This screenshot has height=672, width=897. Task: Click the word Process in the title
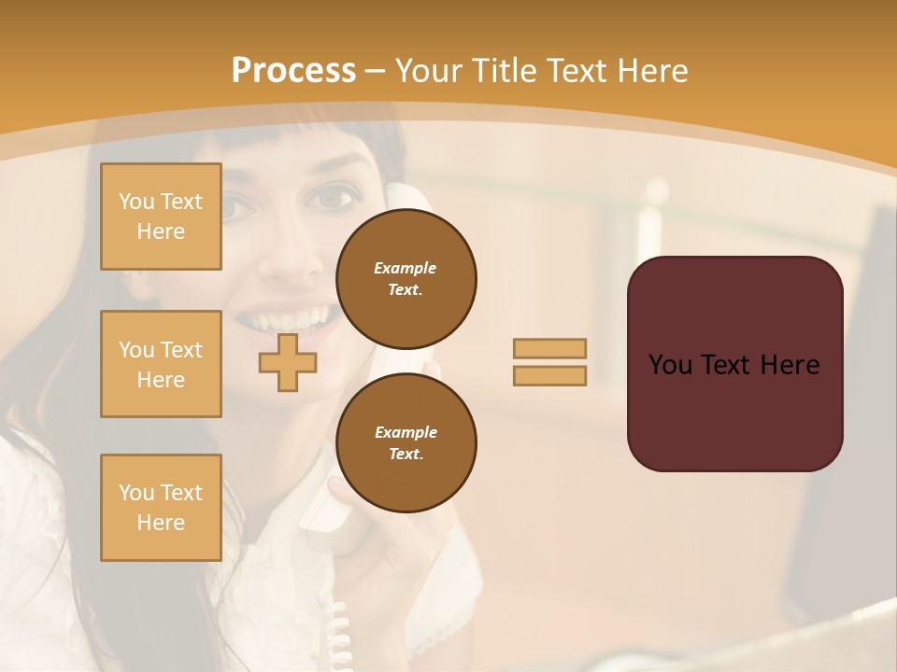tap(293, 71)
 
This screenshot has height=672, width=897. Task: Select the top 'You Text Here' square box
tap(161, 217)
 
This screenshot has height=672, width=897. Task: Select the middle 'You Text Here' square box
tap(161, 364)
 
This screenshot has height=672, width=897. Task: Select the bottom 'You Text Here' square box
tap(161, 508)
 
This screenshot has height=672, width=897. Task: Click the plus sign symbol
tap(287, 363)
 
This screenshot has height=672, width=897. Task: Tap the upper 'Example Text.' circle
tap(406, 279)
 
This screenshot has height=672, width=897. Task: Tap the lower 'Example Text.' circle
tap(406, 442)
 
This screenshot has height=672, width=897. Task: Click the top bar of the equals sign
tap(549, 348)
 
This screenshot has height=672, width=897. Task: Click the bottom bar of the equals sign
tap(549, 375)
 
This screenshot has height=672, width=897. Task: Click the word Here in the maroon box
tap(790, 365)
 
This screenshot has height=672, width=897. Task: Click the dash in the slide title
tap(376, 71)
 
